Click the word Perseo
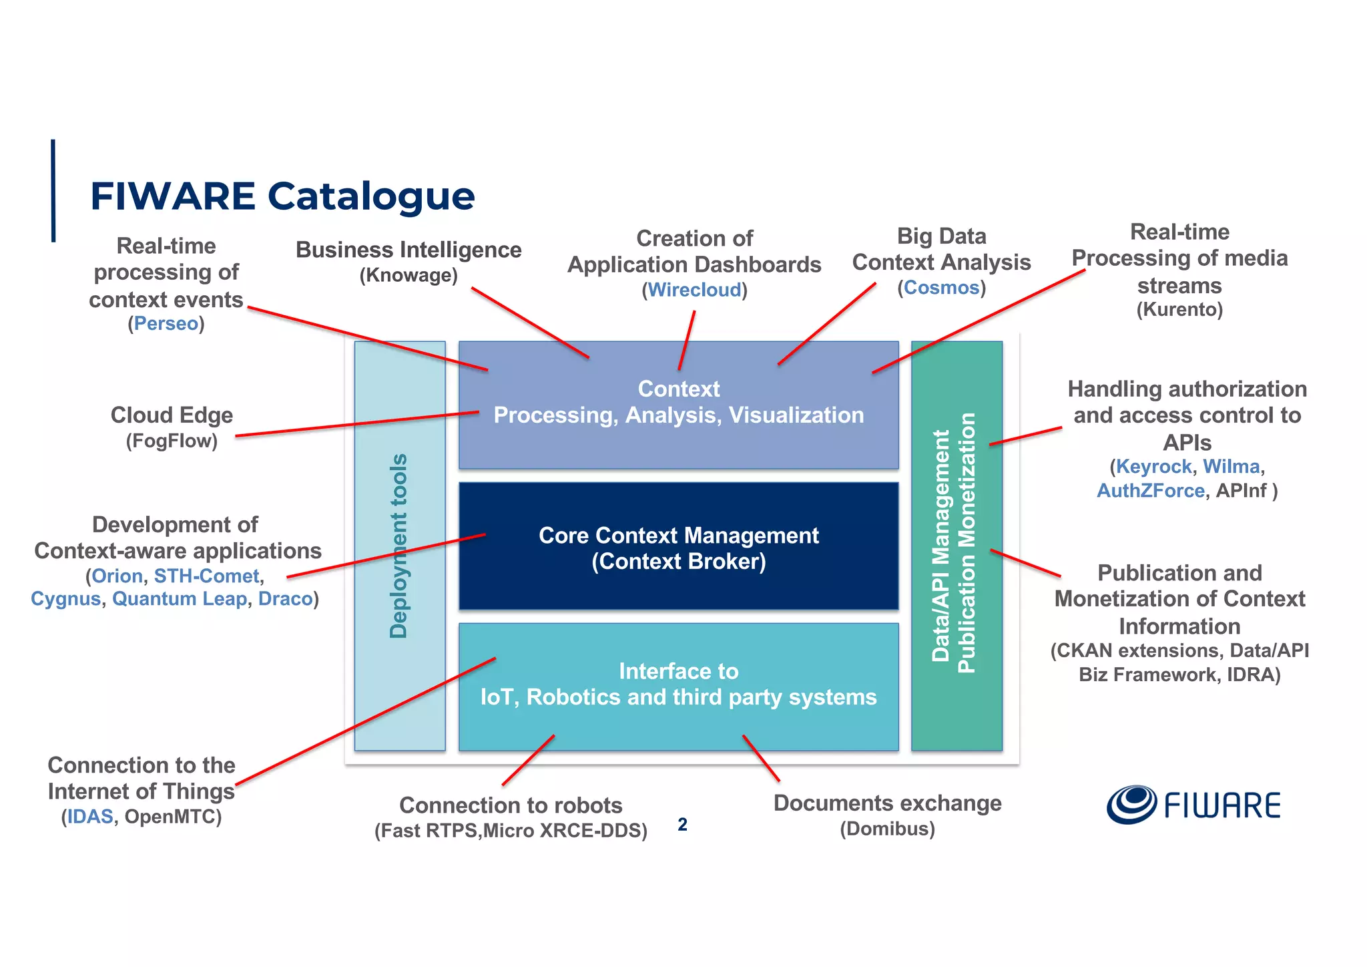click(x=166, y=324)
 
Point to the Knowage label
click(x=408, y=275)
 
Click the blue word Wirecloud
click(x=694, y=290)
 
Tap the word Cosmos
click(x=941, y=288)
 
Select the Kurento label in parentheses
click(x=1179, y=309)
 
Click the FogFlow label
click(x=172, y=441)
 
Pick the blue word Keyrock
click(x=1153, y=466)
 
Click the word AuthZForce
click(x=1150, y=491)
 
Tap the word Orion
click(x=117, y=576)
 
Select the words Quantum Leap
click(x=179, y=599)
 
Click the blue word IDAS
click(x=90, y=817)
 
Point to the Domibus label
click(x=887, y=829)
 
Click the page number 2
click(x=682, y=825)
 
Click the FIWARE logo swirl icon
click(x=1131, y=804)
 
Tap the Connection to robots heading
click(x=511, y=805)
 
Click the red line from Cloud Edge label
click(x=357, y=425)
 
